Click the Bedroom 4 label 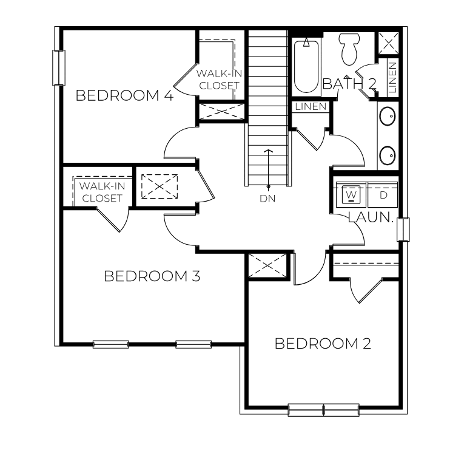coord(125,95)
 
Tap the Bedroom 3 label coord(152,276)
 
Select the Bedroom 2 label coord(323,344)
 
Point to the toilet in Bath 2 coord(349,49)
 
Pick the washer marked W coord(351,196)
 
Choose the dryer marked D coord(383,196)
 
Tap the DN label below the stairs coord(267,198)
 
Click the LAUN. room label coord(371,217)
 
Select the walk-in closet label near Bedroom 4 coord(219,80)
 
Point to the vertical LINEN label coord(392,77)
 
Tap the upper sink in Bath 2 coord(387,115)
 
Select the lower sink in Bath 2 coord(387,155)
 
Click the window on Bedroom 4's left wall coord(59,67)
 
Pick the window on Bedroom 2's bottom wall coord(323,409)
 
